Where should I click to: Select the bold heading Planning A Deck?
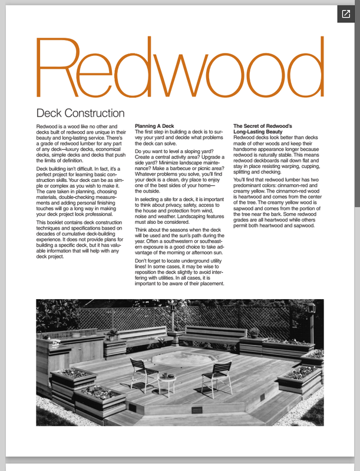click(154, 127)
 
